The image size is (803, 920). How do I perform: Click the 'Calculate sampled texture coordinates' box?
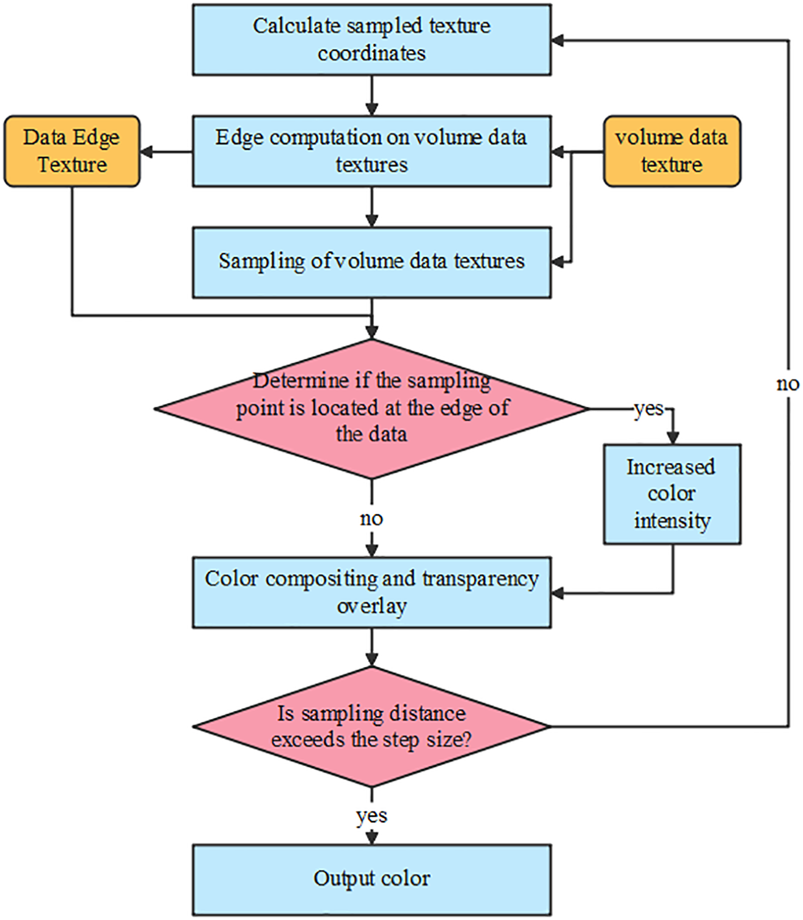(x=372, y=40)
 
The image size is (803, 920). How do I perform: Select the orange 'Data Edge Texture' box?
(x=72, y=151)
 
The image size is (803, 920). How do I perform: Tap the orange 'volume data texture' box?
(x=671, y=151)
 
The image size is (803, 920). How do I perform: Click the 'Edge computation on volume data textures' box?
(x=372, y=151)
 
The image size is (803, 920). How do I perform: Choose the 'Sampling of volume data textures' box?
(x=372, y=263)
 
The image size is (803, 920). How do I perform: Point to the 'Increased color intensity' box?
(x=671, y=494)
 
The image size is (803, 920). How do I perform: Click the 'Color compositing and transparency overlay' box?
(x=372, y=593)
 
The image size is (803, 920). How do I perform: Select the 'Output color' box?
(x=372, y=879)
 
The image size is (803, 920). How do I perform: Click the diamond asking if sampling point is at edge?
(x=372, y=409)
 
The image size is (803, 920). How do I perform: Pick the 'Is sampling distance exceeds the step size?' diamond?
(x=372, y=726)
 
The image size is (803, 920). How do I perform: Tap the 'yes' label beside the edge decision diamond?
(x=648, y=409)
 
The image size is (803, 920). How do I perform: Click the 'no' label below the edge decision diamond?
(x=372, y=519)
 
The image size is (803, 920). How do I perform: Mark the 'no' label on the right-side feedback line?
(x=788, y=384)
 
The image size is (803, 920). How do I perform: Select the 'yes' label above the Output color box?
(x=372, y=816)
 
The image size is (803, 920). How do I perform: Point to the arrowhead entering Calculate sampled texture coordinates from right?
(x=558, y=41)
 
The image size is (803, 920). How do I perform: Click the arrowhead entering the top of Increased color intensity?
(x=673, y=438)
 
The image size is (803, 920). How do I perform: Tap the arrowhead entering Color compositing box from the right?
(x=558, y=594)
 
